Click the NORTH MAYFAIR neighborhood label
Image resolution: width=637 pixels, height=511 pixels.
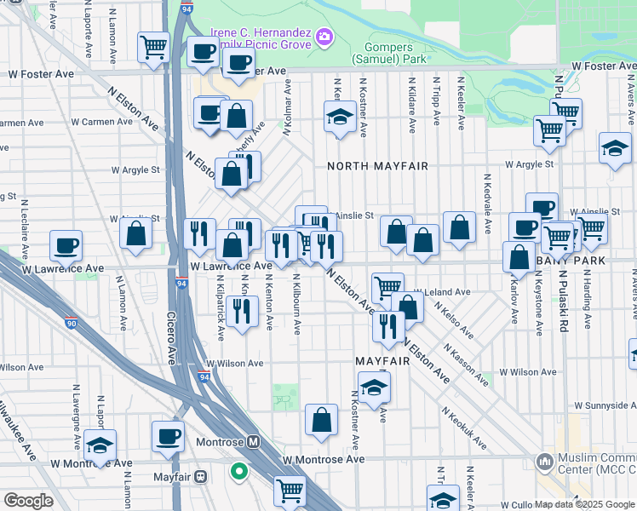click(377, 166)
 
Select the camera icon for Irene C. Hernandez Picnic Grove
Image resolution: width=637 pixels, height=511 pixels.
click(324, 36)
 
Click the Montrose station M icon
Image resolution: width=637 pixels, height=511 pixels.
click(253, 442)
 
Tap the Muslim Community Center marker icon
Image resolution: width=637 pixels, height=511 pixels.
click(544, 462)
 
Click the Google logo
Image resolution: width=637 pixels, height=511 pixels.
click(28, 501)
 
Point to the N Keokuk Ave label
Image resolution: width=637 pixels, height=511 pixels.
click(464, 428)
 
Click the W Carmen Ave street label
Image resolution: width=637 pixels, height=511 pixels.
click(101, 122)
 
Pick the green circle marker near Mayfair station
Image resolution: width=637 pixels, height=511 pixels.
click(239, 469)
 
